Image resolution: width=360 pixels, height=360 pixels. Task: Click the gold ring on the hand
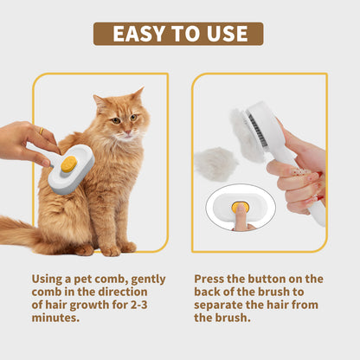click(41, 132)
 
